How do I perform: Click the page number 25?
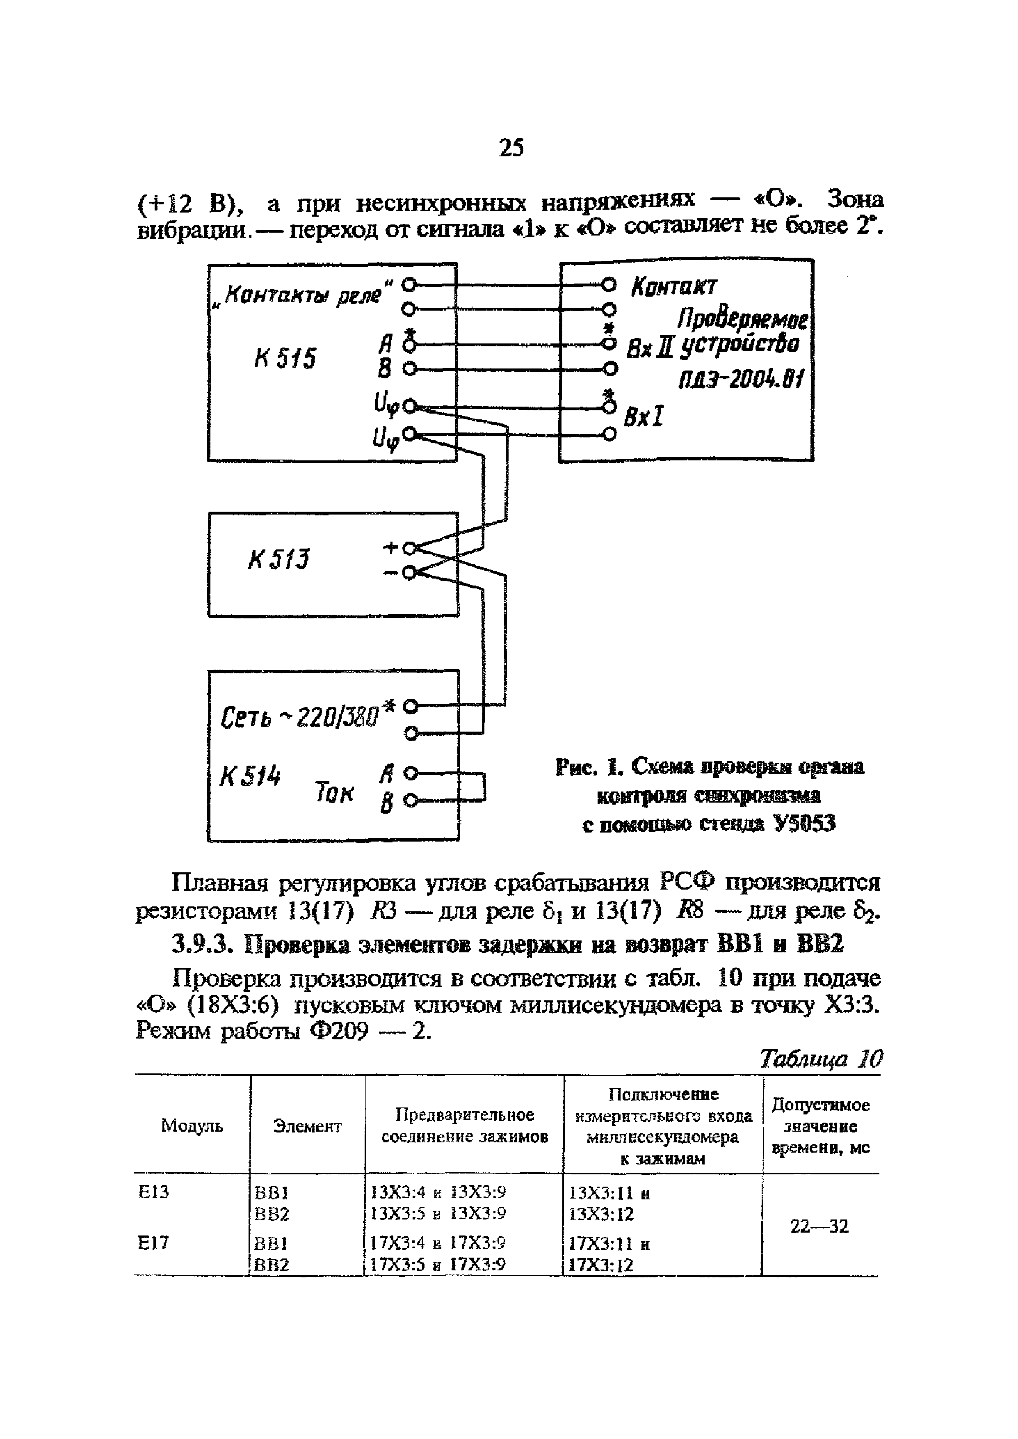tap(511, 148)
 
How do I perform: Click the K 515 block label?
tap(285, 359)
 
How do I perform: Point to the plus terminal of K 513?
tap(409, 549)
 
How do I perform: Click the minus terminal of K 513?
tap(409, 572)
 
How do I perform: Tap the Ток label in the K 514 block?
tap(334, 793)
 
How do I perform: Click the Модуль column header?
tap(192, 1126)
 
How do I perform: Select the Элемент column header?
tap(307, 1126)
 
